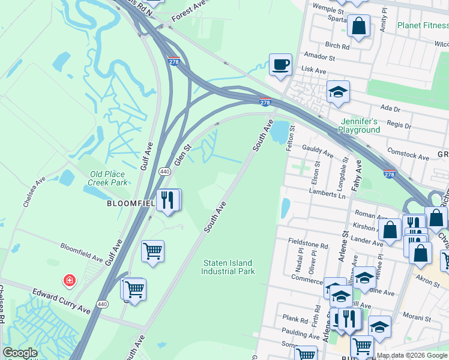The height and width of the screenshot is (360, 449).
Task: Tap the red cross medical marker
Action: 70,280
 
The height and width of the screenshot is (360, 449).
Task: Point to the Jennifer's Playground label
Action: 359,125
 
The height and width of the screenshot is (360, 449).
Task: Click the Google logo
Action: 20,353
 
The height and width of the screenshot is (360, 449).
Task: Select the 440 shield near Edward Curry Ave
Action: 103,305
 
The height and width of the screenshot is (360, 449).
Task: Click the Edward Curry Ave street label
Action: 61,300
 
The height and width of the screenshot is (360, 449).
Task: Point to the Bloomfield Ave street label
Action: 82,252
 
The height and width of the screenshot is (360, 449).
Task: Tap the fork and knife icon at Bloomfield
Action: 167,199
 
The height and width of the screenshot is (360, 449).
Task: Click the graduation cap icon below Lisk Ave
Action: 338,92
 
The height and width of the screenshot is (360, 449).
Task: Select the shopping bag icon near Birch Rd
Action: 358,27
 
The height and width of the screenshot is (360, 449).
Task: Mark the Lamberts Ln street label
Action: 327,193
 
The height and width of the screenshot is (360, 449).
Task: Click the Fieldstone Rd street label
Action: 308,245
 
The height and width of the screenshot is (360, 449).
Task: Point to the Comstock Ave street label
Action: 408,154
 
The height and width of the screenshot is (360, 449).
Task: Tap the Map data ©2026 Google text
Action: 411,355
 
